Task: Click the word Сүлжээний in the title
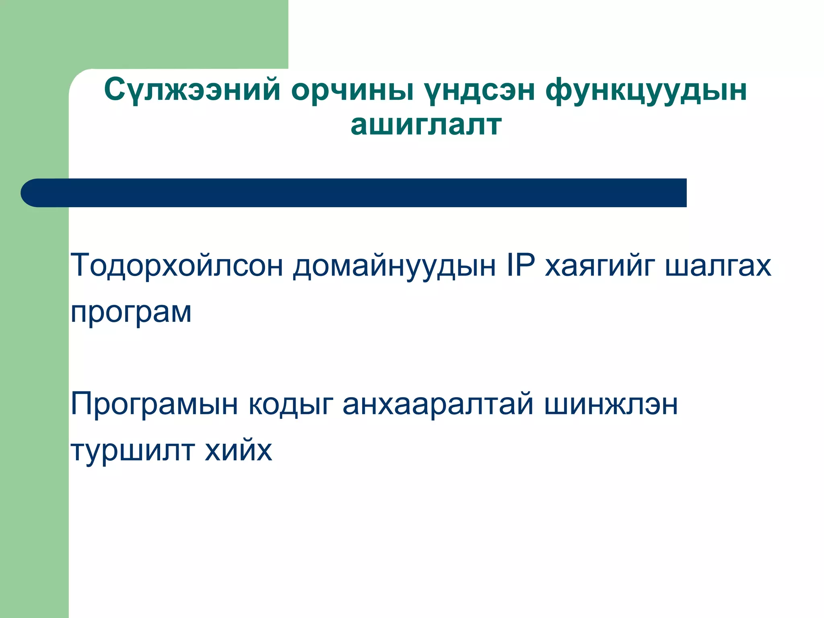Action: (x=192, y=89)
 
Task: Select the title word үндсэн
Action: (x=480, y=89)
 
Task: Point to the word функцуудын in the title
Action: (x=646, y=89)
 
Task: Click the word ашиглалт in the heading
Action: (x=426, y=125)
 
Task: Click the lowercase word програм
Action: (x=131, y=313)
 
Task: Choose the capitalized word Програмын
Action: (x=154, y=404)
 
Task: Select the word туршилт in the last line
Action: (x=132, y=451)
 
